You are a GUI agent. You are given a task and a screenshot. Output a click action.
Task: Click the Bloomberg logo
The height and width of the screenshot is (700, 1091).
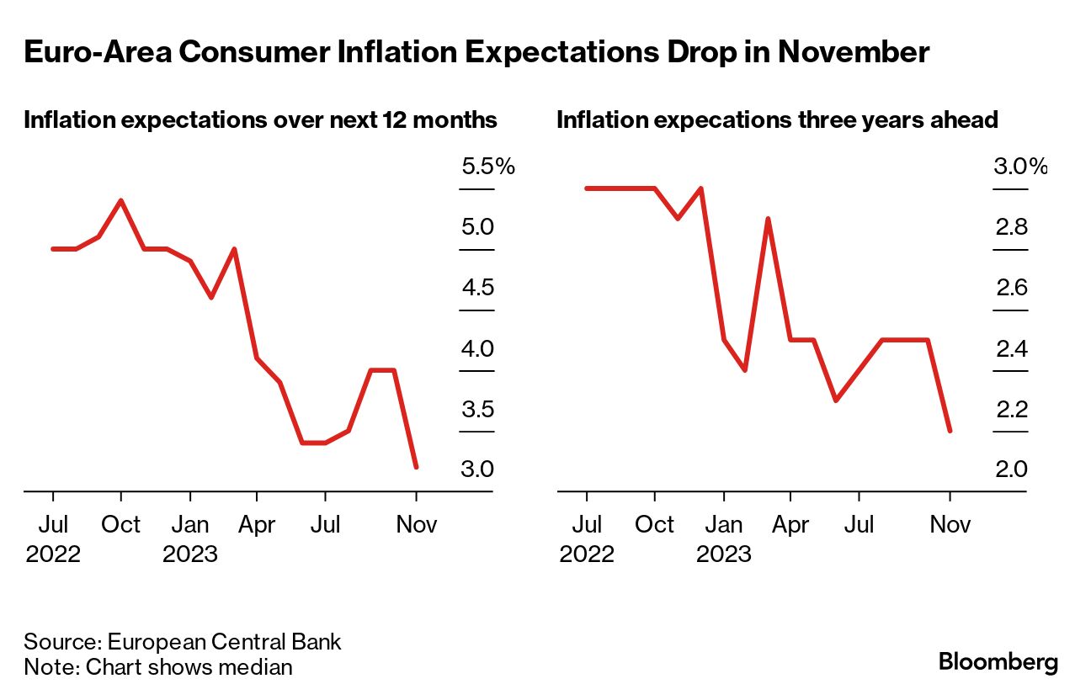(x=998, y=662)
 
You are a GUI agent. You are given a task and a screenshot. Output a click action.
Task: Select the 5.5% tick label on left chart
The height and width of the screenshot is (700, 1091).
(x=487, y=167)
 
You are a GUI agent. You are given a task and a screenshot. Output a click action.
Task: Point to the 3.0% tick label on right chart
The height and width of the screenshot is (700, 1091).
(x=1020, y=167)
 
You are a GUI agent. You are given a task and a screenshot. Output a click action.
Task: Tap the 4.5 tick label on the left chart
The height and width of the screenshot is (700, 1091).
(x=477, y=289)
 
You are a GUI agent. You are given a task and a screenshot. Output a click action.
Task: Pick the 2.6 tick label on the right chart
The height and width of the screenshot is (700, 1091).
(x=1011, y=289)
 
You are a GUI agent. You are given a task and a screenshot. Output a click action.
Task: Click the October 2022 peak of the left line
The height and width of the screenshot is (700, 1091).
(x=121, y=201)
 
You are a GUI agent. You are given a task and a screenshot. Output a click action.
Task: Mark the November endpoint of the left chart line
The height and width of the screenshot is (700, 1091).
(x=416, y=466)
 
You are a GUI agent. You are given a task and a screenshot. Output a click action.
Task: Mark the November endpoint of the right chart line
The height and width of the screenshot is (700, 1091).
(x=950, y=431)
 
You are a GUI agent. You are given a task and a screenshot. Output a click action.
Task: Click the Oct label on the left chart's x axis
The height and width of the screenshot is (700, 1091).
(x=121, y=525)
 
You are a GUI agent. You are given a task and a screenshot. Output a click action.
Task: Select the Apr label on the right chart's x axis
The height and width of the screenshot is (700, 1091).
(x=790, y=525)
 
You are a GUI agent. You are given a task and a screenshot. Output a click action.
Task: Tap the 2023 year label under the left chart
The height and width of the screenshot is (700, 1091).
(x=190, y=554)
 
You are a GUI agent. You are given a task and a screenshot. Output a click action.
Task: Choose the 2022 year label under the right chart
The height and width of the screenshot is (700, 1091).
(x=587, y=554)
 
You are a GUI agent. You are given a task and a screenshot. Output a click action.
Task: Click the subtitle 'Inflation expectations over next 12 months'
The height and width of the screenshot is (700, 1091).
(x=260, y=120)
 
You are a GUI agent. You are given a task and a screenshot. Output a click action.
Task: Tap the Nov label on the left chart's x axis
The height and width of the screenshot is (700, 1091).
(x=416, y=525)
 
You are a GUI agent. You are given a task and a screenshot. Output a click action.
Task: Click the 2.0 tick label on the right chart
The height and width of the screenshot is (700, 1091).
(x=1011, y=469)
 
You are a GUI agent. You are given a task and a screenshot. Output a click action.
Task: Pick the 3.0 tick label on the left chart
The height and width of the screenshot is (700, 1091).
(x=477, y=469)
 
